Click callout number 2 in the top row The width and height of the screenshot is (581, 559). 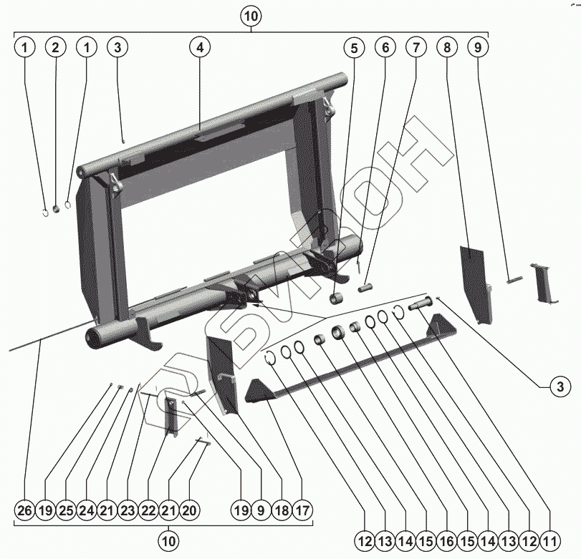coord(55,48)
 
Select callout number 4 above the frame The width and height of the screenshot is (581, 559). coord(200,48)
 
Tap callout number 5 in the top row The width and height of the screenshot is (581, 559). coord(353,48)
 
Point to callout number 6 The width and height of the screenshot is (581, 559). coord(385,48)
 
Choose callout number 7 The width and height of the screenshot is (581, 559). coord(416,48)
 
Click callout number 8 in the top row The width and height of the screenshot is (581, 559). coord(447,48)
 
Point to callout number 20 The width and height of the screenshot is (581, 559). coord(189,511)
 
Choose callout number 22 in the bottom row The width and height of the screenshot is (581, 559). coord(148,511)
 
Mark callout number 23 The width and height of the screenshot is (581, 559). coord(128,511)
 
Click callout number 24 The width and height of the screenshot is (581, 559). coord(87,511)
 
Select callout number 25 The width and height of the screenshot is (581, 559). coord(66,511)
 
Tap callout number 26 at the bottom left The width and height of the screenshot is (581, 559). coord(25,511)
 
